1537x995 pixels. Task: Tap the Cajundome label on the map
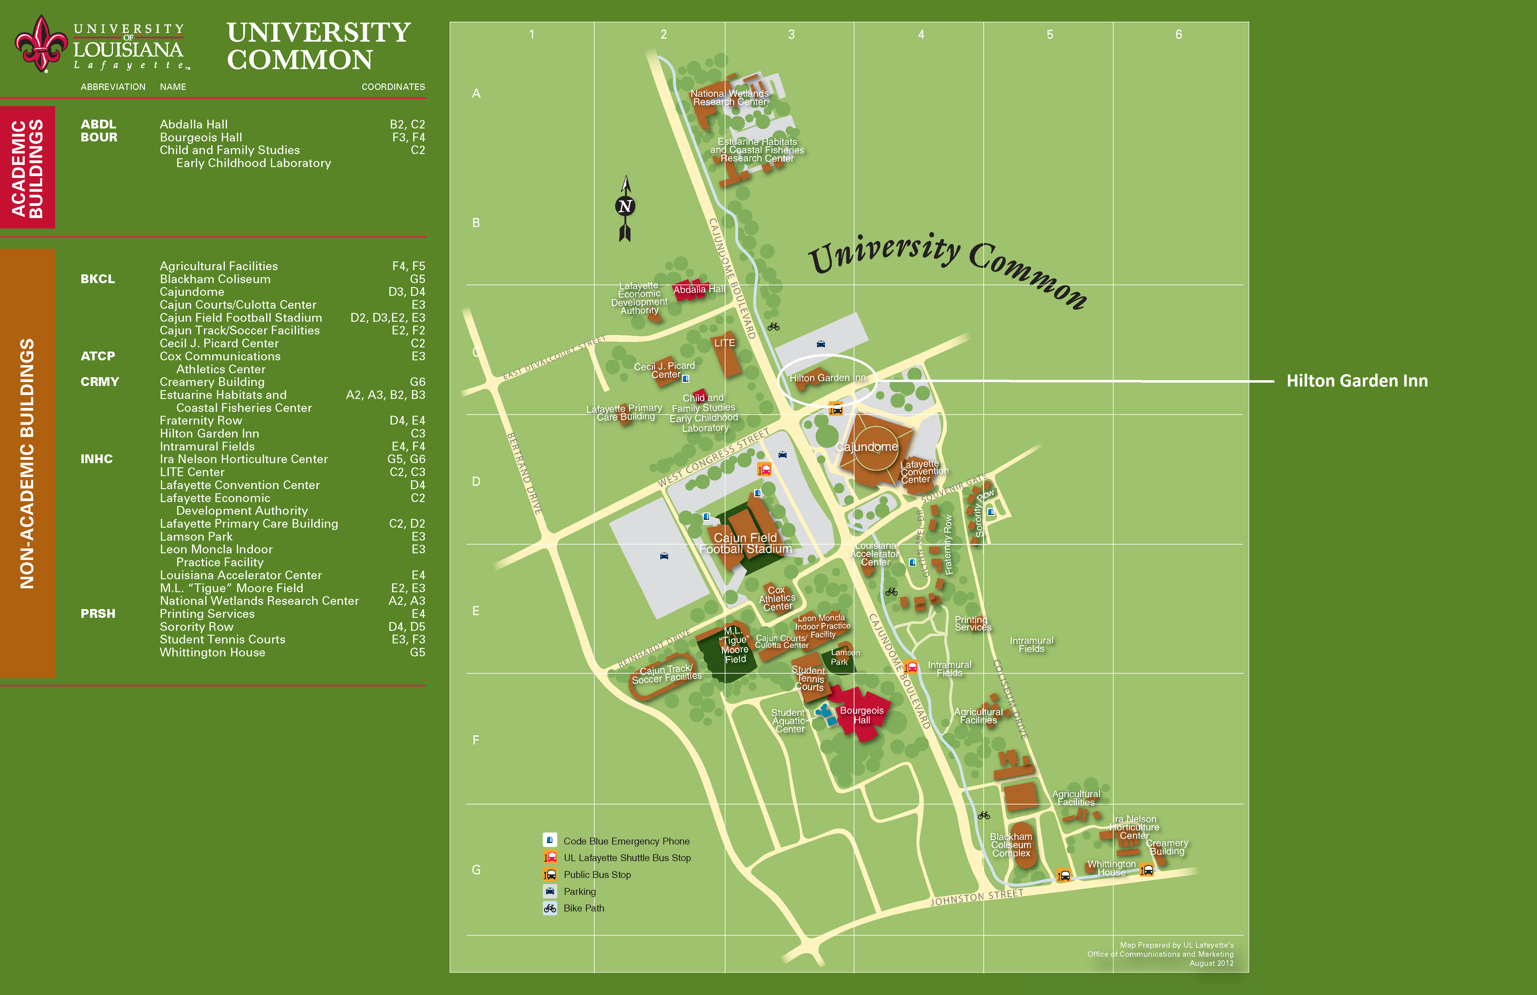pyautogui.click(x=867, y=447)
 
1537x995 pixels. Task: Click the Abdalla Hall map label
pyautogui.click(x=699, y=289)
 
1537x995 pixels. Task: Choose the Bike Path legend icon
pyautogui.click(x=550, y=908)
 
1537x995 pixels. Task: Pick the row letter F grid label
pyautogui.click(x=476, y=740)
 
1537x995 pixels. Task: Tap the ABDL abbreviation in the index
pyautogui.click(x=98, y=124)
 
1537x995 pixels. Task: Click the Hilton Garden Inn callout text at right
pyautogui.click(x=1357, y=381)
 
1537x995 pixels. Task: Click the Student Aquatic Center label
pyautogui.click(x=788, y=720)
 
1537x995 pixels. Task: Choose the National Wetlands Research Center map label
pyautogui.click(x=730, y=98)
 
